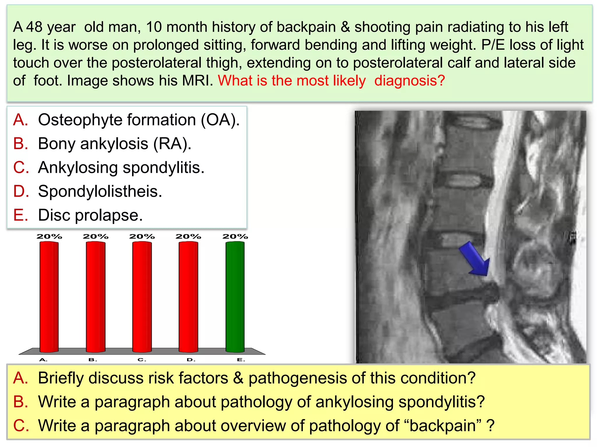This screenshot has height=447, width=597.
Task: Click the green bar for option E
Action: pyautogui.click(x=235, y=297)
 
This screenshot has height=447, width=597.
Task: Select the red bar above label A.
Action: pyautogui.click(x=49, y=297)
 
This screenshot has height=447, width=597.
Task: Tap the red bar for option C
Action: pyautogui.click(x=142, y=297)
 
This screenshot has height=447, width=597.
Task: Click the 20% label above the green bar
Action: pyautogui.click(x=235, y=237)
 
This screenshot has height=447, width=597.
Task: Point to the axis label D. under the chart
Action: pyautogui.click(x=191, y=360)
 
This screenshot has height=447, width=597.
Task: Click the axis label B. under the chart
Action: pyautogui.click(x=93, y=360)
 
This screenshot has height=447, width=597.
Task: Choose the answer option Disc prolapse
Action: pyautogui.click(x=90, y=215)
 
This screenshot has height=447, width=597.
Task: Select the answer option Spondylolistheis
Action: pyautogui.click(x=100, y=191)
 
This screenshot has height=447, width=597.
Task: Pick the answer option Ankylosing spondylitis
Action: pyautogui.click(x=121, y=168)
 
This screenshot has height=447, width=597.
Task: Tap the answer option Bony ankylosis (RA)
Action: pyautogui.click(x=115, y=144)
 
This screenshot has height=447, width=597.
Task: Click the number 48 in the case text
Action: pyautogui.click(x=34, y=27)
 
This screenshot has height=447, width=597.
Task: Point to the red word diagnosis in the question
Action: pyautogui.click(x=409, y=81)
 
